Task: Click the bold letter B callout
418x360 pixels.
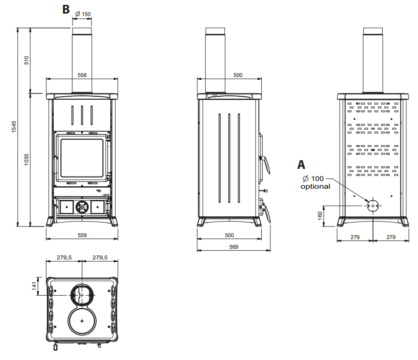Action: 66,9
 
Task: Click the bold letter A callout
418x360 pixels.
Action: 302,165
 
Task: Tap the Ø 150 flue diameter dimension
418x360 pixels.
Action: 83,14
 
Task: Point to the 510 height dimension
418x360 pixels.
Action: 27,60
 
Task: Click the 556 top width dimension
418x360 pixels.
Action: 82,75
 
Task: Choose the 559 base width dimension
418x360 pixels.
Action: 82,235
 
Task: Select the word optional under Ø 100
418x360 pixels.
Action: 315,186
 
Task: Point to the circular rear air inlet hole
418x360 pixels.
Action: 373,205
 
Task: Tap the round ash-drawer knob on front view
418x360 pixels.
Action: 82,207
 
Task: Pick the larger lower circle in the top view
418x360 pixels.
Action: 83,321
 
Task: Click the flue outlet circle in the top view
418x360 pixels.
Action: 82,294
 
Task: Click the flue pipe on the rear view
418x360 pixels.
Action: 373,58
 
